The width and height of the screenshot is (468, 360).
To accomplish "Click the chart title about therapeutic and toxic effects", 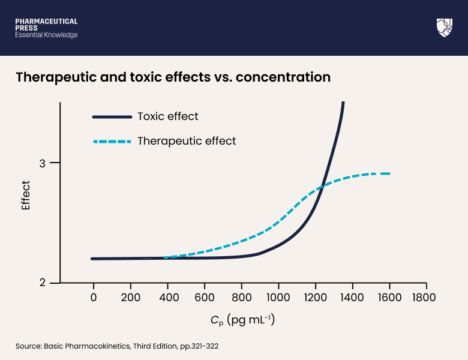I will [173, 77].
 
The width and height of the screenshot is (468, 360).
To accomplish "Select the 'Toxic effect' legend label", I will [167, 116].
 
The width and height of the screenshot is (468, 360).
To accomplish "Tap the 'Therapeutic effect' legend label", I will [187, 141].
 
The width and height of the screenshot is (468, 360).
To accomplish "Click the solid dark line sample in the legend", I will [112, 116].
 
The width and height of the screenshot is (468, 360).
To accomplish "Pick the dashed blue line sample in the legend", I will [112, 142].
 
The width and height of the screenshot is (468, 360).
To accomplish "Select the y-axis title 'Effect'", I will [26, 195].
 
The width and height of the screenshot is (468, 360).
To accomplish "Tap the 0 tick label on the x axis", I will [93, 297].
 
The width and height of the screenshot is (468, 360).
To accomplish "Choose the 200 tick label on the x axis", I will [130, 297].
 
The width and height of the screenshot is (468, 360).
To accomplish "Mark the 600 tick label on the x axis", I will [204, 297].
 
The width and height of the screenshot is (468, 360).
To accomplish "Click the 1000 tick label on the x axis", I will [278, 297].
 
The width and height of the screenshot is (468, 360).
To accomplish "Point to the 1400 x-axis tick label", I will [352, 297].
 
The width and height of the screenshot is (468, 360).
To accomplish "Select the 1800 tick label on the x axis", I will [426, 297].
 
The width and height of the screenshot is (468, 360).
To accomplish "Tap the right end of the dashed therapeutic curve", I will [389, 173].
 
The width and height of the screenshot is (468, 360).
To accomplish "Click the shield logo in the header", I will [444, 28].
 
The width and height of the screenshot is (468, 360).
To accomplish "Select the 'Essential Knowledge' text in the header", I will [46, 35].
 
